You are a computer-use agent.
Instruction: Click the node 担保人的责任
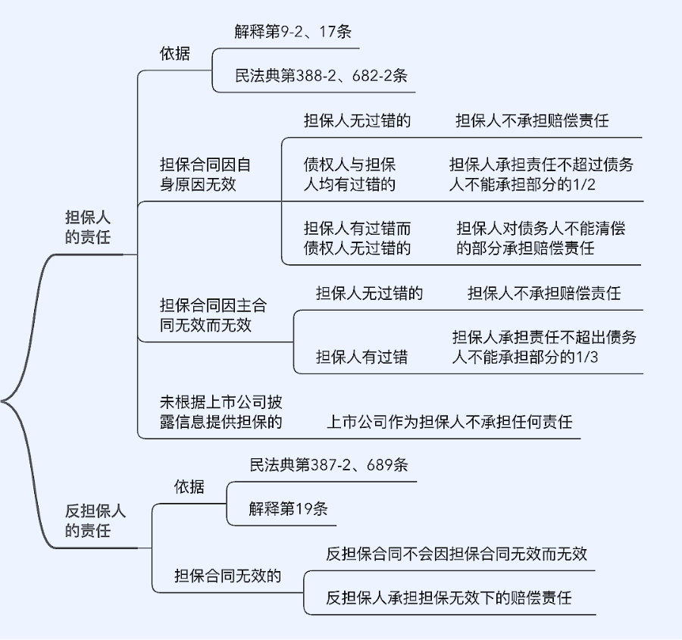(88, 227)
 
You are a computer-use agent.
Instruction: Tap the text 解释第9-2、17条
(293, 32)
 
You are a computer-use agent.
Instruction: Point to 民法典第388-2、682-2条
(321, 76)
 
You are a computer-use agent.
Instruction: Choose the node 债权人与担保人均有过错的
(349, 174)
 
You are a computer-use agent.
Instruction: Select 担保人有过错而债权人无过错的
(357, 238)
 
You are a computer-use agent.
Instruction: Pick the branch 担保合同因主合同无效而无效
(213, 315)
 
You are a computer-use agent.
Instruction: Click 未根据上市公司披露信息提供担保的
(221, 411)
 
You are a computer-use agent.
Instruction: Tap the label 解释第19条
(288, 508)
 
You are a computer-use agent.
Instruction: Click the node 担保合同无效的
(227, 576)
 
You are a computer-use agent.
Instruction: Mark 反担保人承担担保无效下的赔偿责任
(449, 598)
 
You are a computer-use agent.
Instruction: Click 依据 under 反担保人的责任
(189, 486)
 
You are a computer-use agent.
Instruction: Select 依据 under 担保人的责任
(174, 54)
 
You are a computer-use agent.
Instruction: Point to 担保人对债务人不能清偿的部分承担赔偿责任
(540, 238)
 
